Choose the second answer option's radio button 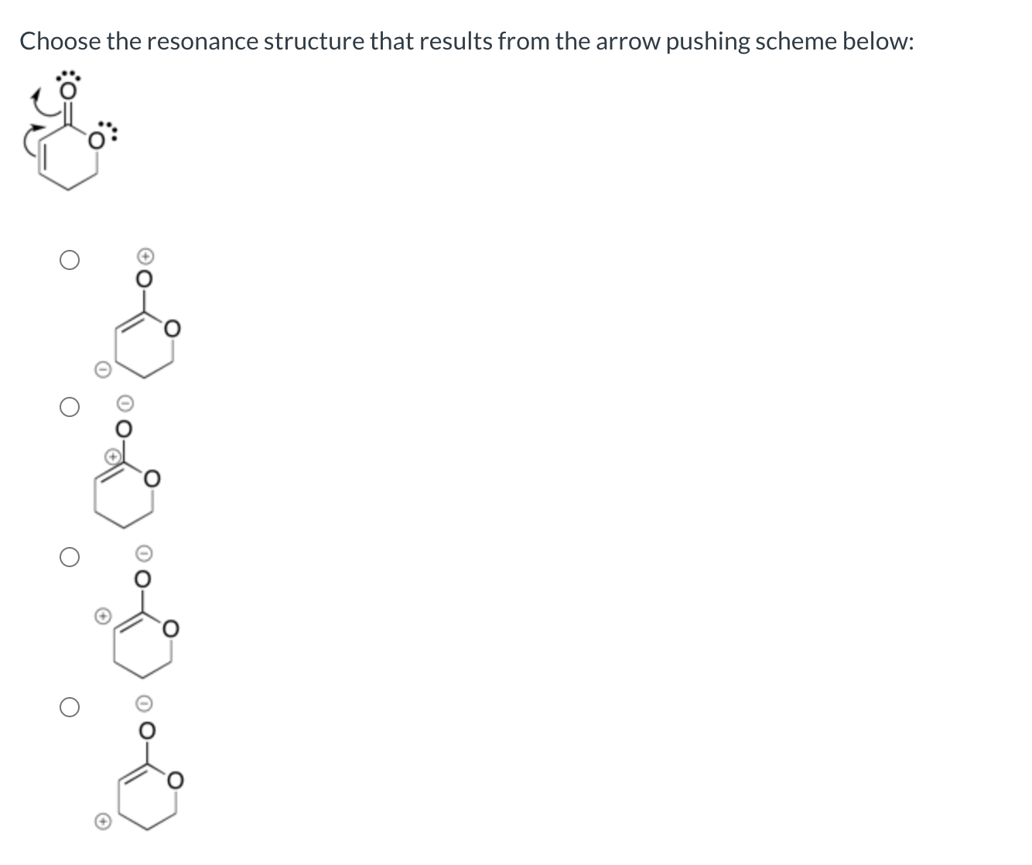pyautogui.click(x=69, y=409)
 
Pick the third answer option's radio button pyautogui.click(x=69, y=558)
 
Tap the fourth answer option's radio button pyautogui.click(x=69, y=707)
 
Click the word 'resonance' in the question pyautogui.click(x=203, y=41)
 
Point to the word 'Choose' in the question pyautogui.click(x=60, y=41)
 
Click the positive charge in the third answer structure pyautogui.click(x=101, y=616)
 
